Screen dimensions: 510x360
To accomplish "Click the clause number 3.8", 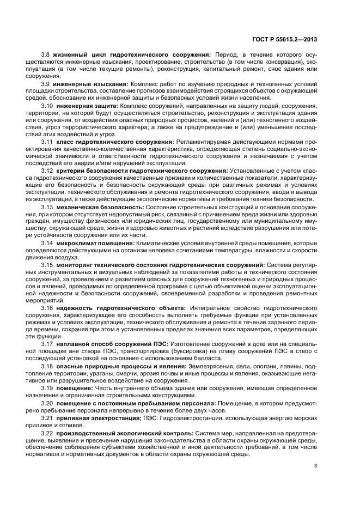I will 46,56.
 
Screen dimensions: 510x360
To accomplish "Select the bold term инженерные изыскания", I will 91,84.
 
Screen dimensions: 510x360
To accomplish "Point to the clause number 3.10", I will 47,105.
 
